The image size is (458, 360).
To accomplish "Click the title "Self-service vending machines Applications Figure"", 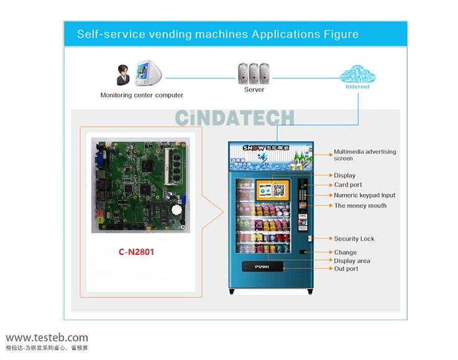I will pos(218,34).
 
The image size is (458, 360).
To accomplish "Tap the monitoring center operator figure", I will pos(123,75).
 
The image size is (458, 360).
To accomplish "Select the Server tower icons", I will pos(254,73).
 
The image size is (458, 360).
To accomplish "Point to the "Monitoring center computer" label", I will pos(142,95).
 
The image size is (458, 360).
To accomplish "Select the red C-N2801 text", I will pos(136,252).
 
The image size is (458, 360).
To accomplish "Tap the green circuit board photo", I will pos(140,185).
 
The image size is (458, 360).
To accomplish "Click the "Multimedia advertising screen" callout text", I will pos(365,155).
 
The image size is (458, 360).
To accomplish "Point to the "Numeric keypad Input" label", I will pos(364,195).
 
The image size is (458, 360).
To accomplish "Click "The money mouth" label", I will pos(360,206).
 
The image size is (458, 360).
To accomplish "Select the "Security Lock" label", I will pos(354,239).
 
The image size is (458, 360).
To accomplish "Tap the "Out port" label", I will pos(346,269).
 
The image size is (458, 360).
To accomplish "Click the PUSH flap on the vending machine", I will pos(262,267).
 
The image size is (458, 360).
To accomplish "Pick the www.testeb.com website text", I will pos(47,338).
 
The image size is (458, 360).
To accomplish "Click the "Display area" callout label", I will pos(352,261).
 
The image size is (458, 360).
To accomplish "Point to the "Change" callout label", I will pos(345,252).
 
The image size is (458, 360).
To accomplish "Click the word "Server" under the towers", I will pos(254,90).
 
